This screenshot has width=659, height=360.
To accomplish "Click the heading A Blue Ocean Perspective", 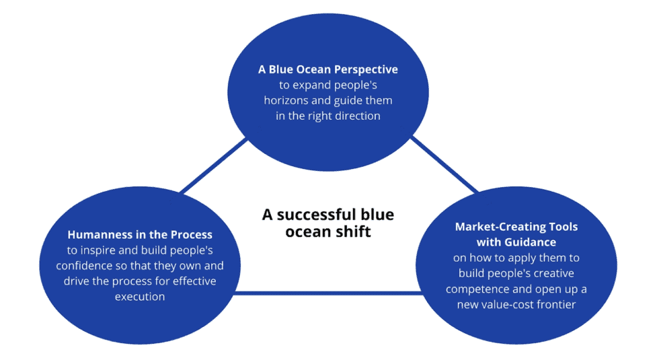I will [x=328, y=69].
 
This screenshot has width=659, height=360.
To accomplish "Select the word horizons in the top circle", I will [x=299, y=100].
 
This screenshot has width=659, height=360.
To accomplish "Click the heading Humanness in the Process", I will [x=140, y=235].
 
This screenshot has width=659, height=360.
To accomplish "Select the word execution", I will [x=139, y=296].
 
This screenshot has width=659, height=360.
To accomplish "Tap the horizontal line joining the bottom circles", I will [x=329, y=293].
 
